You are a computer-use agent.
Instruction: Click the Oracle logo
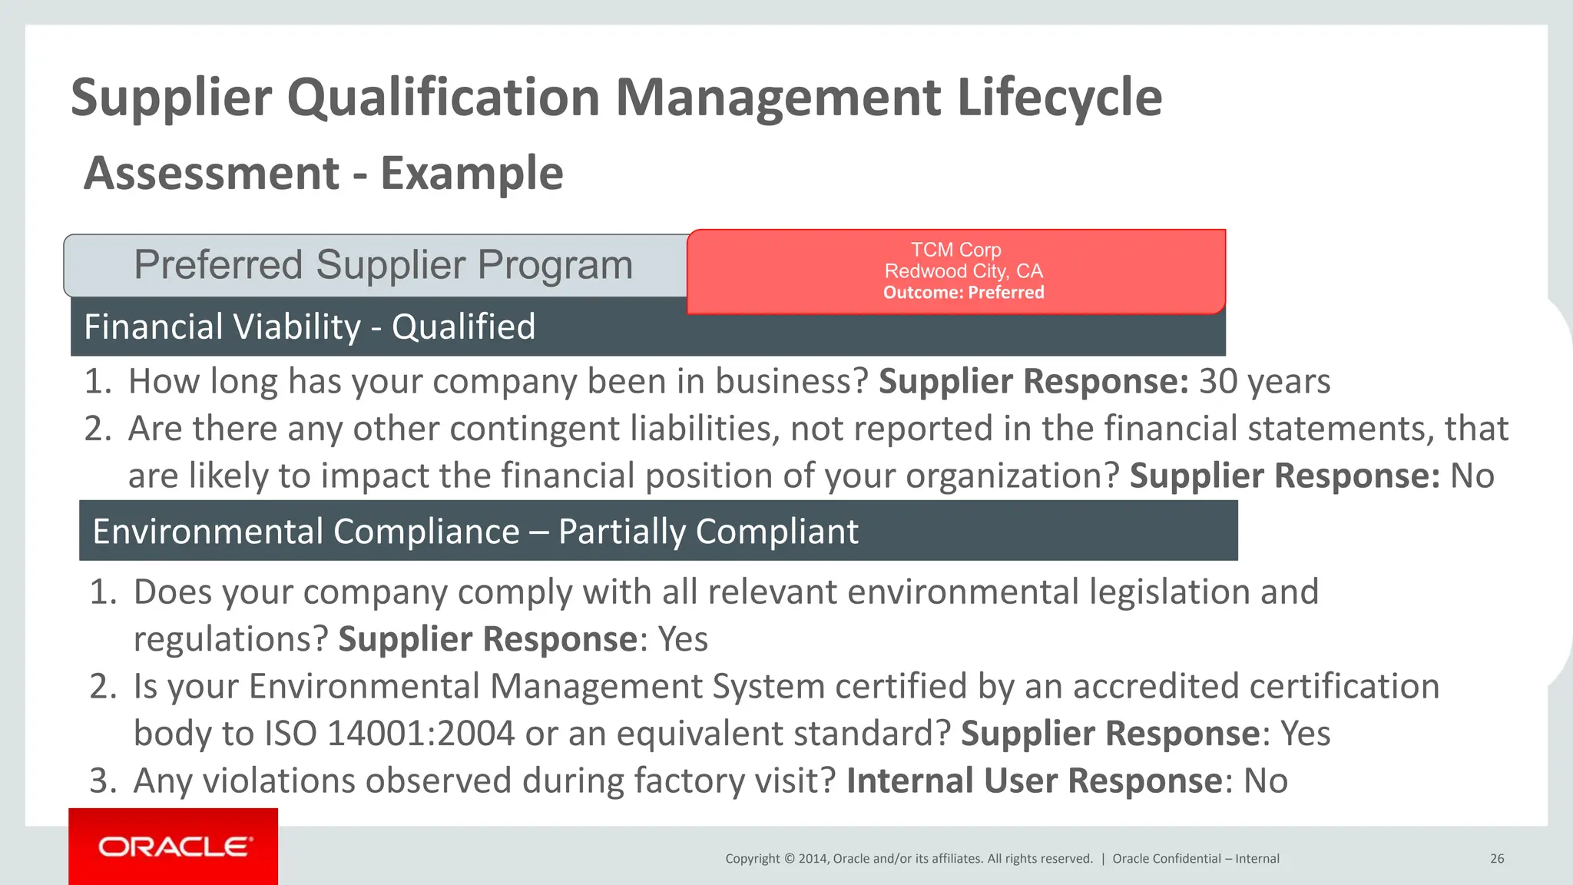174,847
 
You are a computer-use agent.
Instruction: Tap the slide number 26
1497,859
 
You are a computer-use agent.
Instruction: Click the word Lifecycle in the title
1059,98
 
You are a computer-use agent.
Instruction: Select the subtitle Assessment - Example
323,173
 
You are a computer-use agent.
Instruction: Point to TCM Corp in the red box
955,250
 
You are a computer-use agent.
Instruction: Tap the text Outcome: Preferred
963,293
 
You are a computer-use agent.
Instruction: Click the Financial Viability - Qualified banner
310,327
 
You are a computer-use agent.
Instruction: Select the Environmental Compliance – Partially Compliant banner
475,532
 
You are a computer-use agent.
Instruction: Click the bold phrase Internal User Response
1034,781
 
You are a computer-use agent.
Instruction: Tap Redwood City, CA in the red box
963,271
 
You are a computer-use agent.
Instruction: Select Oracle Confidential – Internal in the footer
1196,859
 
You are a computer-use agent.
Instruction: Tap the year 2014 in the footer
813,859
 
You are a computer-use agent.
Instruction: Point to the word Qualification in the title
443,98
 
